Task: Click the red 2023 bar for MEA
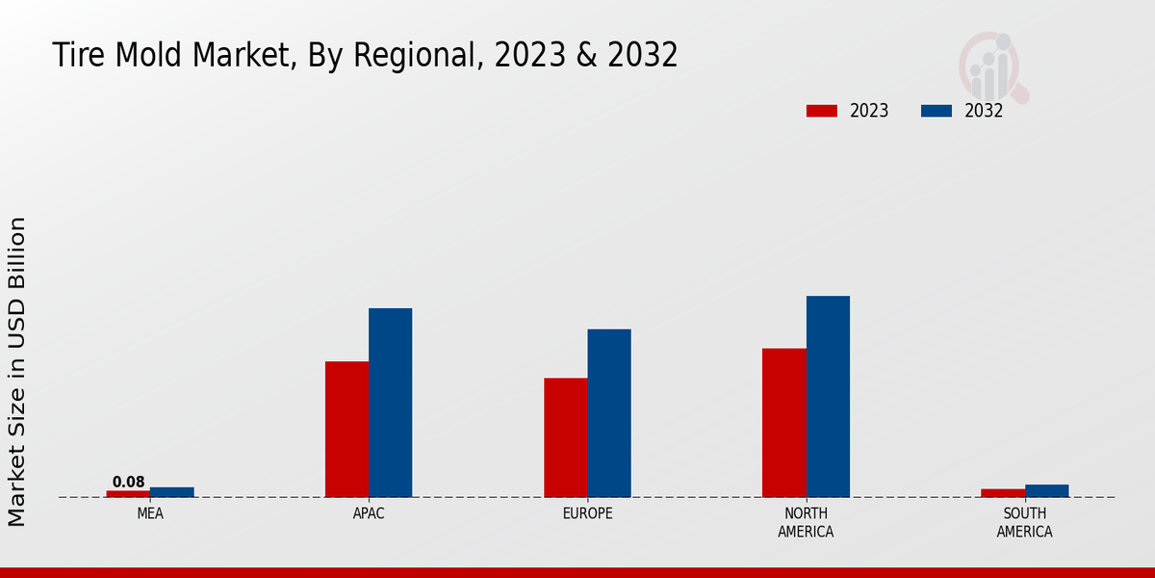click(128, 493)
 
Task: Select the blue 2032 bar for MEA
click(172, 492)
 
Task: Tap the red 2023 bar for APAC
click(346, 429)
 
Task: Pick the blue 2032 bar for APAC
click(391, 403)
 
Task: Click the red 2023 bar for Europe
click(566, 437)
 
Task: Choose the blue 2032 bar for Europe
click(609, 413)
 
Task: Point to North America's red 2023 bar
click(784, 422)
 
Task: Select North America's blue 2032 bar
click(828, 396)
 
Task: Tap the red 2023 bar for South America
click(1003, 493)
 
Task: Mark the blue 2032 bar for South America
click(1047, 490)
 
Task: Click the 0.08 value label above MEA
click(128, 482)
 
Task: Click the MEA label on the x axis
click(150, 513)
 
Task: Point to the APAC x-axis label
click(369, 513)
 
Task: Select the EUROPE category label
click(587, 513)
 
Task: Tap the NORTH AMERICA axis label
click(807, 522)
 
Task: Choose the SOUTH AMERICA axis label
click(1025, 522)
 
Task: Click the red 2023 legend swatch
click(821, 111)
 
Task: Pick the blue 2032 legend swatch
click(937, 111)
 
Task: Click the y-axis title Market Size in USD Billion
click(17, 371)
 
